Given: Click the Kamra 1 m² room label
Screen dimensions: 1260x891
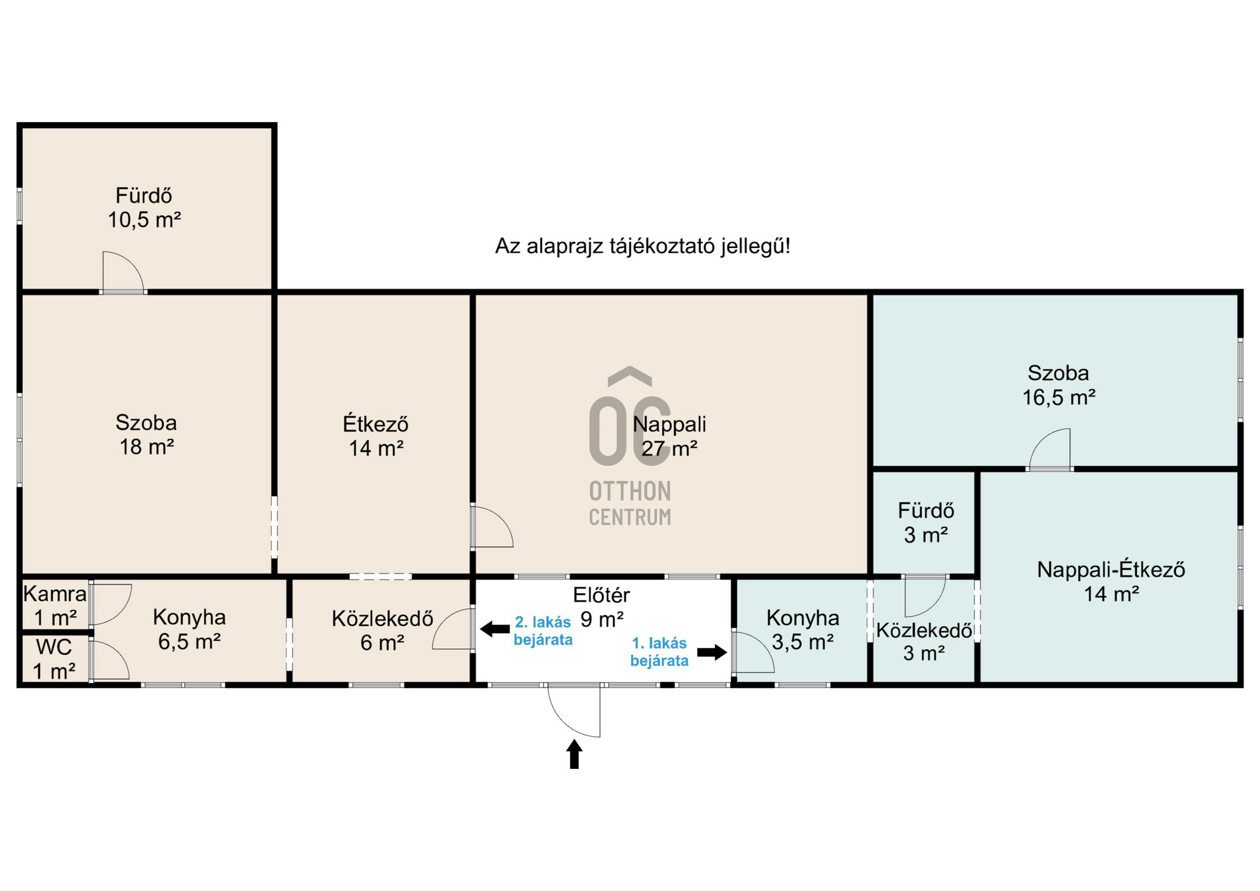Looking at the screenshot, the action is click(x=55, y=606).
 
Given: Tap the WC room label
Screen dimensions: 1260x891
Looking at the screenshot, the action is click(x=54, y=647).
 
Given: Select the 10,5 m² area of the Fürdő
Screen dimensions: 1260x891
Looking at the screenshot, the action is click(x=144, y=220).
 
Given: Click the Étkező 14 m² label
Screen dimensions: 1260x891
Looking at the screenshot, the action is click(x=375, y=436).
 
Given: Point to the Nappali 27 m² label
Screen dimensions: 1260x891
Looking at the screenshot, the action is click(x=669, y=436).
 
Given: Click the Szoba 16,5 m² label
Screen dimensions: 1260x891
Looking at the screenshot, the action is click(x=1059, y=385).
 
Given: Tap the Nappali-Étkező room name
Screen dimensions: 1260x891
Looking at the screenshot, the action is click(x=1111, y=570).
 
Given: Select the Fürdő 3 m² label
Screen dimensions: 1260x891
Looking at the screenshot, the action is click(x=926, y=523).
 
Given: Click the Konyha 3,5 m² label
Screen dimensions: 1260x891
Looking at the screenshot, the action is click(x=803, y=630).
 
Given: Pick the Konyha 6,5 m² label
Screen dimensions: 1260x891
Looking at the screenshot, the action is click(x=189, y=629).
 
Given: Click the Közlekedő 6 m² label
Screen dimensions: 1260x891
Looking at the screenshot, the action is click(x=382, y=631).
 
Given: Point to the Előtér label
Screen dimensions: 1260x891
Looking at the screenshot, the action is click(x=601, y=595).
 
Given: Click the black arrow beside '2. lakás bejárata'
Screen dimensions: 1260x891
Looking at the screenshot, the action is click(x=495, y=629).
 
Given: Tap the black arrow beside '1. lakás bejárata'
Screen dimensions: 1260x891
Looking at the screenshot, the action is click(x=712, y=652).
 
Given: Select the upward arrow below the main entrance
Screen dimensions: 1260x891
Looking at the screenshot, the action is click(x=574, y=754).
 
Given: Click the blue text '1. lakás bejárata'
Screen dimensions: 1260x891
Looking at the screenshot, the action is click(x=659, y=652).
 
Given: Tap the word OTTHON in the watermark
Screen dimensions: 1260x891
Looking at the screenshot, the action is click(x=630, y=491).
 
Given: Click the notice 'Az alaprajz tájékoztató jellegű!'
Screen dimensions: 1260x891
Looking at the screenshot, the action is click(x=642, y=246).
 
